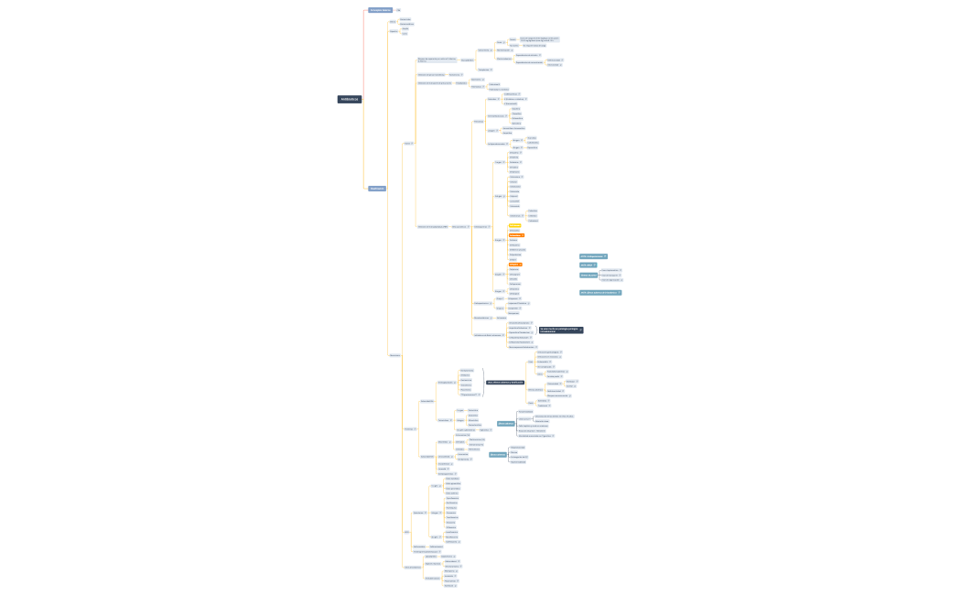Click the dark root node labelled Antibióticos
point(349,99)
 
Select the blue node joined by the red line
point(379,10)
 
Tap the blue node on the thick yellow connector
point(376,189)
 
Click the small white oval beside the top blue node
point(398,10)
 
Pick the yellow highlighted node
point(514,226)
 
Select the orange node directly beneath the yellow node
point(516,235)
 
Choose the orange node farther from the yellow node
point(514,265)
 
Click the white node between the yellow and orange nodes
point(513,231)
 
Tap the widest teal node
point(600,293)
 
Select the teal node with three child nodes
point(588,275)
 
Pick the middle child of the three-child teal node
point(612,275)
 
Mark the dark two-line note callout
point(559,330)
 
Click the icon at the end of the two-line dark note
point(580,330)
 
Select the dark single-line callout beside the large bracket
point(505,383)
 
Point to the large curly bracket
point(483,382)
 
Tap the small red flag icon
point(476,430)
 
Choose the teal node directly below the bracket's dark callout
point(505,423)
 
